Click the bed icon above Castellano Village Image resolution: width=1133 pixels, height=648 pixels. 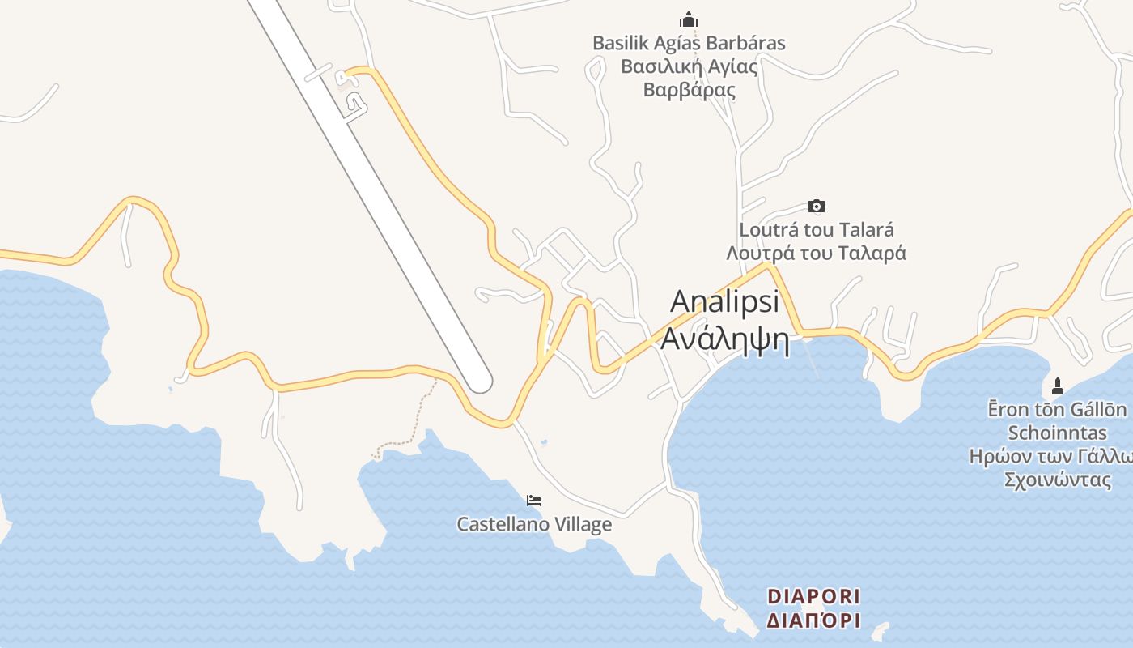click(534, 500)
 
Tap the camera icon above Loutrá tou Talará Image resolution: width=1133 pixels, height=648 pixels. click(817, 207)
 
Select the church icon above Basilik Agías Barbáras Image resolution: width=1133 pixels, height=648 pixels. click(689, 19)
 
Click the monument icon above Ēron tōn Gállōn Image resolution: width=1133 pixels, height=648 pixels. click(1057, 386)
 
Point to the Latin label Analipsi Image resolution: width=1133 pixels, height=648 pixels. click(724, 301)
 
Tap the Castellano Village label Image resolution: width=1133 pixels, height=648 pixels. click(534, 525)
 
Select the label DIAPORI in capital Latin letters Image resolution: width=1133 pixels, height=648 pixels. click(813, 597)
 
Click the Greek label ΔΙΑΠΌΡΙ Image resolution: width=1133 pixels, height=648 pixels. click(813, 621)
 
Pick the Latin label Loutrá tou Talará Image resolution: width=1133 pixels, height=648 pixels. click(817, 230)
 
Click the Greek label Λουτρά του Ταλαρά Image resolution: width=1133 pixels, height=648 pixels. click(817, 253)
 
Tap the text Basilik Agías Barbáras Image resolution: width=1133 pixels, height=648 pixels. click(689, 43)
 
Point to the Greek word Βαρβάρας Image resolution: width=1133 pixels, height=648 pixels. click(689, 89)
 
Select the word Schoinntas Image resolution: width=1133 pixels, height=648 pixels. click(1057, 433)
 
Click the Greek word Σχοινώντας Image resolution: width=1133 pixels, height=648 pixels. click(1057, 480)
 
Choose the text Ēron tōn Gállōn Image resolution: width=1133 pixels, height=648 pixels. click(1057, 409)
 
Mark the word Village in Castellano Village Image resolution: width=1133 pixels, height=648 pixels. click(579, 525)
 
